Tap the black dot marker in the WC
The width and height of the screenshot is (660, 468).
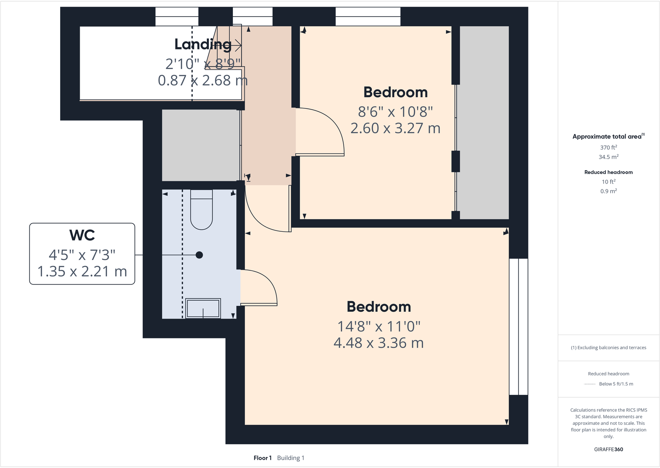click(x=199, y=255)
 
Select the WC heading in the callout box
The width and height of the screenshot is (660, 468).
click(x=82, y=235)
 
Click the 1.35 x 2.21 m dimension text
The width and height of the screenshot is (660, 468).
click(x=82, y=271)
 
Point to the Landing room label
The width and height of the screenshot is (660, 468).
click(x=203, y=44)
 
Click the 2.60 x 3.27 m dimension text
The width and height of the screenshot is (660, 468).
click(x=395, y=128)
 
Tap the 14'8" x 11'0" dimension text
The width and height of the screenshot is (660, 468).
click(x=379, y=326)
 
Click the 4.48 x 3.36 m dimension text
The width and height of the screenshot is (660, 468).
click(x=379, y=343)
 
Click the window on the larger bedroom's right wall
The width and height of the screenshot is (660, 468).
click(x=518, y=326)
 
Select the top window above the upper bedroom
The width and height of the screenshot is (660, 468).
click(x=368, y=17)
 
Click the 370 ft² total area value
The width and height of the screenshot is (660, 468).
click(x=608, y=147)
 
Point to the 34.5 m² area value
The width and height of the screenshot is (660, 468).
click(x=608, y=157)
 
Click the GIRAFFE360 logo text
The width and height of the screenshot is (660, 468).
click(x=608, y=449)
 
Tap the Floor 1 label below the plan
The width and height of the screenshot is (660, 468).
click(x=262, y=458)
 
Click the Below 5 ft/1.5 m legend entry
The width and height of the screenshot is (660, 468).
click(x=616, y=384)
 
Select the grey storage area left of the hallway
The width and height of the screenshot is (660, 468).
click(x=200, y=145)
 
